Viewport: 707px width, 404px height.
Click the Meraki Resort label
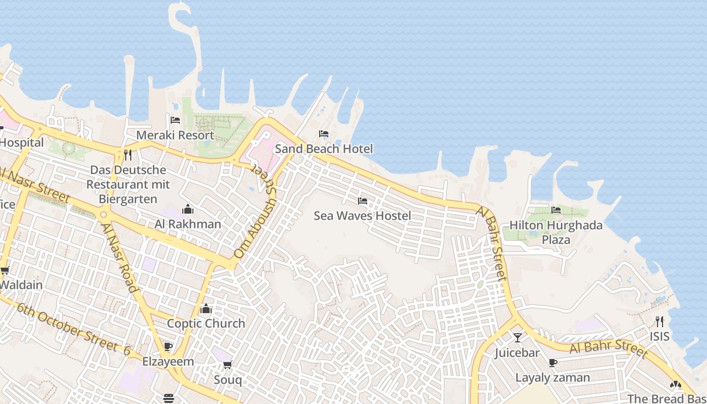175,135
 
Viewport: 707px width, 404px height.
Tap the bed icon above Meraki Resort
175,120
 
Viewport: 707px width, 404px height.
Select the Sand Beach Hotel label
324,148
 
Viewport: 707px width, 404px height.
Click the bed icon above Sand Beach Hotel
324,134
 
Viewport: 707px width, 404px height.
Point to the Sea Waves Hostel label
362,216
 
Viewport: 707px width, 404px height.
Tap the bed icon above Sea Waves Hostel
362,201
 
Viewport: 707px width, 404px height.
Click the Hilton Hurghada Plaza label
556,232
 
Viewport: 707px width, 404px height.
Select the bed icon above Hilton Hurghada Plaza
556,210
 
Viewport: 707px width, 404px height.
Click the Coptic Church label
206,323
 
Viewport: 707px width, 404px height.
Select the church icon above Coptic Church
206,309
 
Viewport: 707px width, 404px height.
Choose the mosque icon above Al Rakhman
188,209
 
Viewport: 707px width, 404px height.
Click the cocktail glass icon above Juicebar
517,337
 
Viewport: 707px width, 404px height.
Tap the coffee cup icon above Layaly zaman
552,363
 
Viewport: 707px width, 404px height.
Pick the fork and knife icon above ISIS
659,321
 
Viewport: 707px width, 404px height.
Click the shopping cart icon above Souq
227,365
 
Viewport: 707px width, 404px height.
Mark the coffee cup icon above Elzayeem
168,346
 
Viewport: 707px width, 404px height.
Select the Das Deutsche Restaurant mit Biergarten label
128,184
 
